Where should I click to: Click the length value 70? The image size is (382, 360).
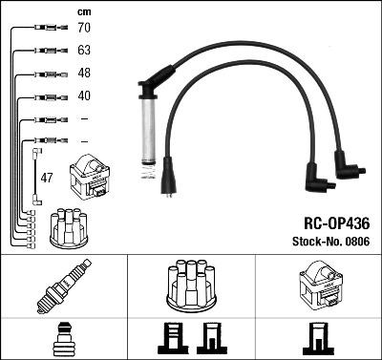(x=84, y=30)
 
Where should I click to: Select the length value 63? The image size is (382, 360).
(x=84, y=52)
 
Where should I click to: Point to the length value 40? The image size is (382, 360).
(x=84, y=96)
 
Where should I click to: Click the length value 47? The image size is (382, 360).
(x=47, y=178)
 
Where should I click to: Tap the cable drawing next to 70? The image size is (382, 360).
(x=46, y=30)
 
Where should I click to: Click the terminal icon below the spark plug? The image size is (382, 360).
(x=63, y=340)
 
